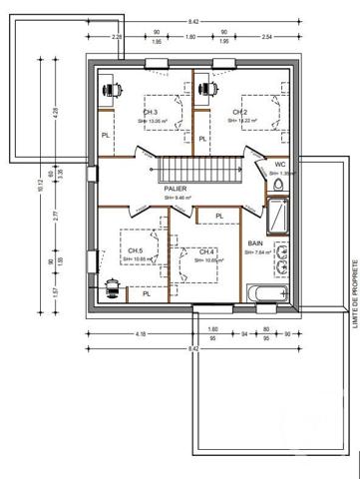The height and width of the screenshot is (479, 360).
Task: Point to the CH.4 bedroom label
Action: pos(207,250)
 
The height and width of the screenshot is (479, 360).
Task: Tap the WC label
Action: pos(282,164)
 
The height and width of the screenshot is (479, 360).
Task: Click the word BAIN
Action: pos(257,241)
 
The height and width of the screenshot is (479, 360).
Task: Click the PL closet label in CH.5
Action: pos(146,293)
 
